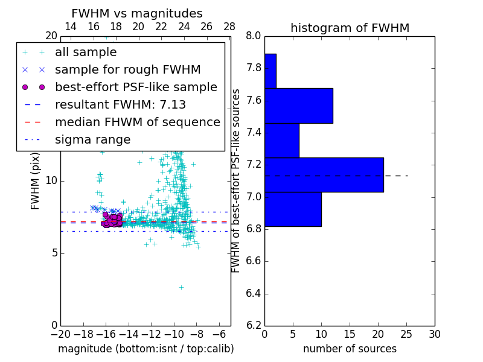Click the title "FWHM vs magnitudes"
tap(137, 13)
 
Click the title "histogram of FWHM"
tap(350, 28)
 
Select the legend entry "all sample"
tap(86, 52)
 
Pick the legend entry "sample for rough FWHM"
tap(127, 70)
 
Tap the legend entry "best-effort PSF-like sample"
tap(136, 87)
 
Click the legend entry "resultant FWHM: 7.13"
tap(120, 105)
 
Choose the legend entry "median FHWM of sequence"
tap(137, 122)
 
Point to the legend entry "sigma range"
tap(92, 140)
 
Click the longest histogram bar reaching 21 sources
tap(324, 174)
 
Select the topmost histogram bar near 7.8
tap(270, 71)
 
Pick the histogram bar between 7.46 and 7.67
tap(298, 106)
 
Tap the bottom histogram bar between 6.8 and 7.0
tap(293, 209)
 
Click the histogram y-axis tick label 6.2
tap(253, 326)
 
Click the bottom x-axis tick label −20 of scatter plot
tap(60, 334)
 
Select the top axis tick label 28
tap(229, 27)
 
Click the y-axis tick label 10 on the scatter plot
tap(51, 181)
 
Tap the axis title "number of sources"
tap(350, 349)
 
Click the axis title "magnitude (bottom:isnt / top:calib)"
tap(146, 349)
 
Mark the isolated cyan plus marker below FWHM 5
tap(181, 287)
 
